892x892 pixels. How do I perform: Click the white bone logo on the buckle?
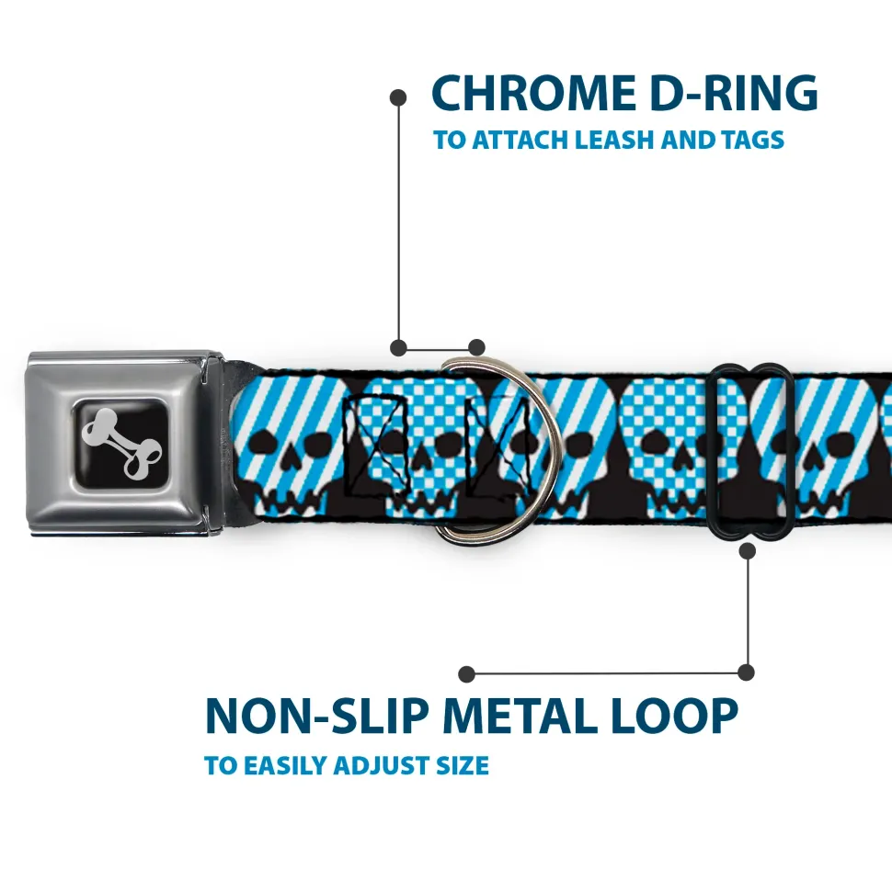[121, 444]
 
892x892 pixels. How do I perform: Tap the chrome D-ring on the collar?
[496, 449]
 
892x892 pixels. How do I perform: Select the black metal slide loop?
[750, 452]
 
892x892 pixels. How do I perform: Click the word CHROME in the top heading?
[533, 93]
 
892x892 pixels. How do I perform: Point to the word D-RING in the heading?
[734, 93]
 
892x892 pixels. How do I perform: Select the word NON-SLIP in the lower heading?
[317, 716]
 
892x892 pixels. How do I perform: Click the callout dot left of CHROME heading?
[398, 98]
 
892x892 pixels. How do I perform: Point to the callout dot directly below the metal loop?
[748, 550]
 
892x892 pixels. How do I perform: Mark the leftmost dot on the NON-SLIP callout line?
[466, 674]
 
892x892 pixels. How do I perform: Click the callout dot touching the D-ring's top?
[476, 347]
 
